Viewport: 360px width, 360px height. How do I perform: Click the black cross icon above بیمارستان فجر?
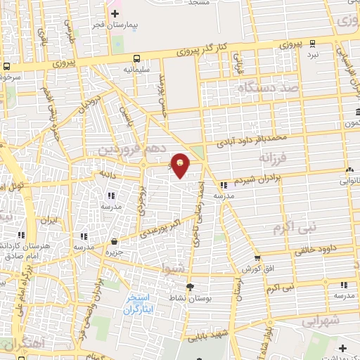click(115, 13)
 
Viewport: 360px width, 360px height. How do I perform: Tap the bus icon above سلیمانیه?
click(136, 59)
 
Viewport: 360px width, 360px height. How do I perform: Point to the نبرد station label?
click(312, 54)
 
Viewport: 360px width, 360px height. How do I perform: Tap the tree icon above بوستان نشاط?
click(189, 287)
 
